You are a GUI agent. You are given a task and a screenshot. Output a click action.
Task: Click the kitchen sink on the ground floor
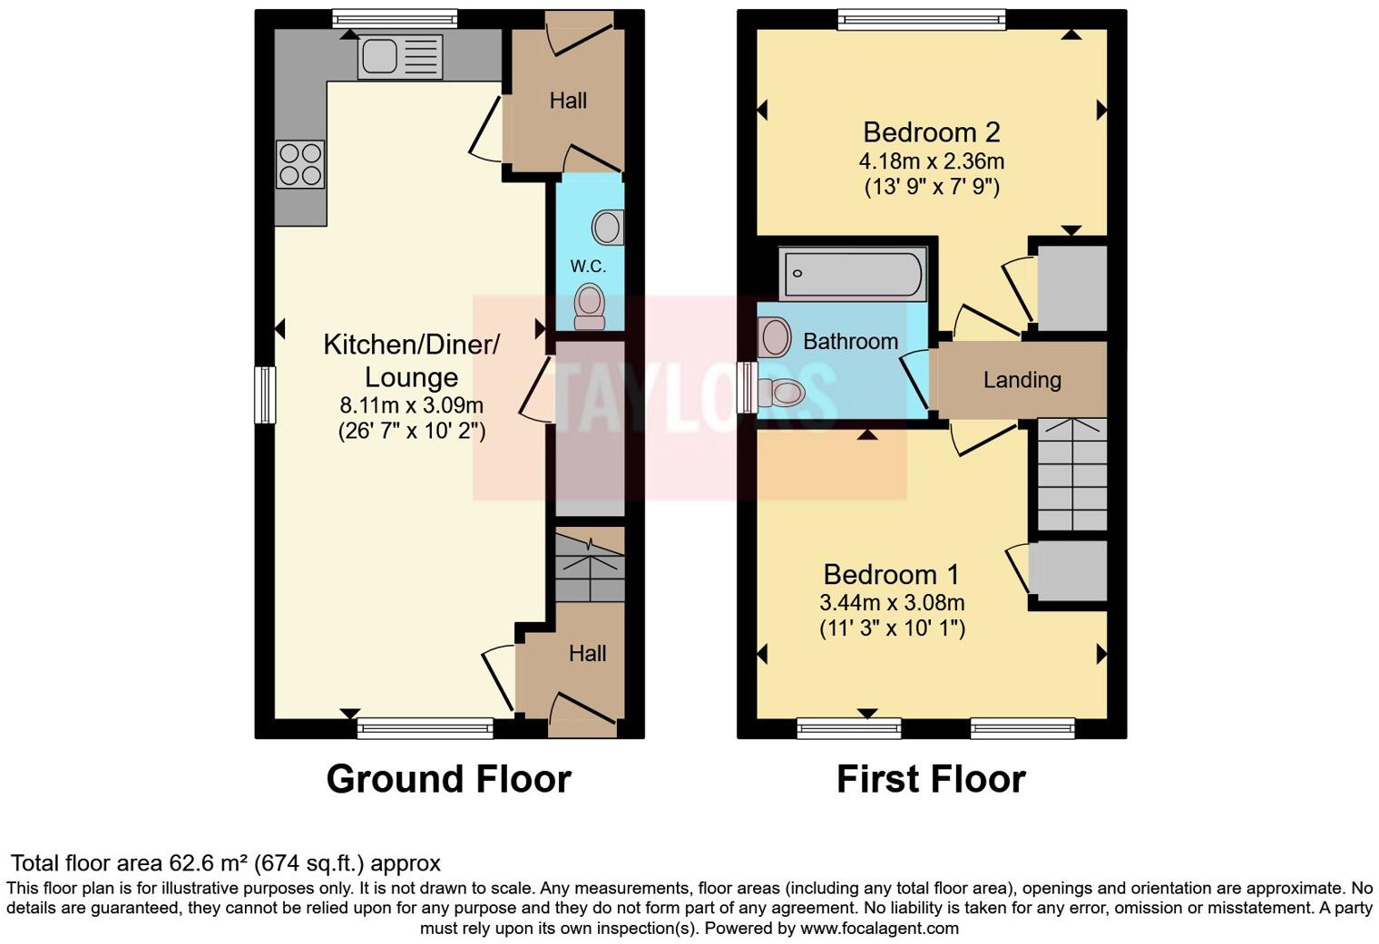point(400,56)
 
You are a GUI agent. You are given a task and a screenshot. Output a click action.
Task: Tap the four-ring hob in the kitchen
point(299,165)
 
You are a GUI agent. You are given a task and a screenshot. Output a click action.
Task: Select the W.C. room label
point(588,266)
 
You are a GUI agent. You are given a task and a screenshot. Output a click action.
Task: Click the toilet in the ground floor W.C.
point(590,306)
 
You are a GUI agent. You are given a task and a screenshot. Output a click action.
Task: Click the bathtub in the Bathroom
point(853,273)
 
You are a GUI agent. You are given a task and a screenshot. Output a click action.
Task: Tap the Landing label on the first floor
point(1022,379)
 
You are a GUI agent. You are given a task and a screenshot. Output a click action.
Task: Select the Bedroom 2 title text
point(931,132)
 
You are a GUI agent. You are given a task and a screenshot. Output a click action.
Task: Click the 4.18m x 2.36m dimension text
point(931,161)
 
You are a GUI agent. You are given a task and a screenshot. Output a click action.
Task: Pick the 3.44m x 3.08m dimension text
point(891,602)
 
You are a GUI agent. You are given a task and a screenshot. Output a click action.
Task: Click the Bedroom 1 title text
point(891,574)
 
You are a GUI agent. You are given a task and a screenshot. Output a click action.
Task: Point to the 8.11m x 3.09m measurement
point(411,404)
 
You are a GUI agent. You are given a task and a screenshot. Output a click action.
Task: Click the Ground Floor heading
point(448,779)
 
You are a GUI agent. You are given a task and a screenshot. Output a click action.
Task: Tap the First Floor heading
point(931,779)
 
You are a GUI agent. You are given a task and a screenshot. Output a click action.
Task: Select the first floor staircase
point(1071,473)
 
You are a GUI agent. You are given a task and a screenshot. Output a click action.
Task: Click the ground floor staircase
point(590,568)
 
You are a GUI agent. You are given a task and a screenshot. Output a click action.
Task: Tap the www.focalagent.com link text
point(878,929)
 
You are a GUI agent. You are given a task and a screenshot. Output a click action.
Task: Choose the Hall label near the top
point(568,101)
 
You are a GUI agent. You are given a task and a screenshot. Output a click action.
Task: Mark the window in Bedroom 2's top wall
point(922,19)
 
